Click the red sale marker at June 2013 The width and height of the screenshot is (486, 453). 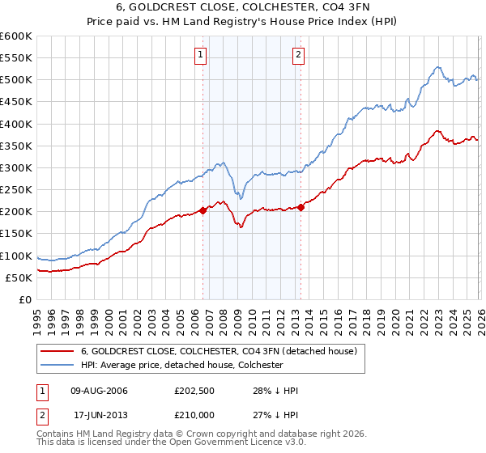[301, 207]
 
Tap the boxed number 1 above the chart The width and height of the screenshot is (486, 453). [200, 55]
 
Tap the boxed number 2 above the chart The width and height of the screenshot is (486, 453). [298, 55]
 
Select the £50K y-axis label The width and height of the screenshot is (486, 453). [19, 277]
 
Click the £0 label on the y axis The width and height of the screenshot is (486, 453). [24, 299]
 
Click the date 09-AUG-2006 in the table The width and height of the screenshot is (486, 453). [100, 391]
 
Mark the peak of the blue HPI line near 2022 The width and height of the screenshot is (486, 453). [437, 67]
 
